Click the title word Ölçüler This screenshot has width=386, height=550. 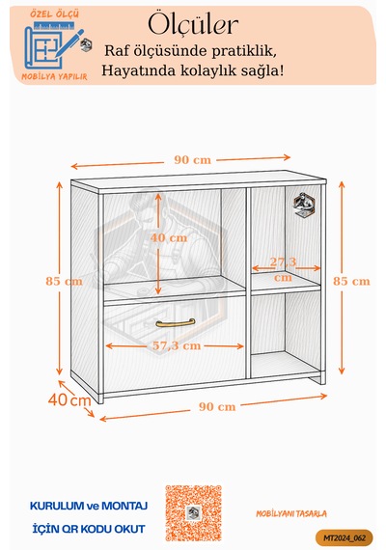click(x=193, y=24)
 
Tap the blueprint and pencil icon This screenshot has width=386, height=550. click(x=54, y=45)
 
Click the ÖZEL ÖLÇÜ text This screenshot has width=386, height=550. click(x=54, y=14)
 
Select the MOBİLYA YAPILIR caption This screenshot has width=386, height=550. click(x=54, y=76)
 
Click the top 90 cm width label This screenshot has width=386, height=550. click(x=193, y=160)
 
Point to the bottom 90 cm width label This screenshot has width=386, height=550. click(x=217, y=407)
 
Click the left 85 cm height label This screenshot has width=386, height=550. click(x=64, y=282)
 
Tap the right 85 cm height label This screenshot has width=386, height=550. click(x=351, y=282)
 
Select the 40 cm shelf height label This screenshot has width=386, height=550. click(x=169, y=237)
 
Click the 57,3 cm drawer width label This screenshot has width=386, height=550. click(x=177, y=345)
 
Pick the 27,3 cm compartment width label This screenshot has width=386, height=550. click(x=283, y=269)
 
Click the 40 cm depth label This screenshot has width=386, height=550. click(x=69, y=399)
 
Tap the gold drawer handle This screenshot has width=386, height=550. click(x=176, y=323)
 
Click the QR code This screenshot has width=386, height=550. click(x=193, y=512)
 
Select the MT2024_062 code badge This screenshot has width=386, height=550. click(x=345, y=537)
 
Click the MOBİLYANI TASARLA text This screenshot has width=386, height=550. click(x=290, y=514)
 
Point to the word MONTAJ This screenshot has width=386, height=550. click(x=124, y=506)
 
